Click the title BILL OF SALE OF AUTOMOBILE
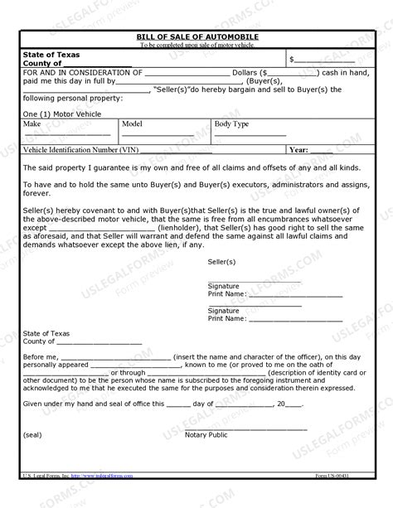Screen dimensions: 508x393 click(x=196, y=38)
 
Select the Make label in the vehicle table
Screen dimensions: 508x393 click(x=32, y=123)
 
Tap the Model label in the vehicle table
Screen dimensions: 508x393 click(x=132, y=123)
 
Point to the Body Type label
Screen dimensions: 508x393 click(x=231, y=123)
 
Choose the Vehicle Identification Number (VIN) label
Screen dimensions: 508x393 click(x=81, y=150)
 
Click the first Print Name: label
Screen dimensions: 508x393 click(x=226, y=293)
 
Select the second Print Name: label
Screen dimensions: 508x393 click(x=226, y=317)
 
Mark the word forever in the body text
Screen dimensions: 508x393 click(x=36, y=196)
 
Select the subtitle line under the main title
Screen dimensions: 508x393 click(x=196, y=46)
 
